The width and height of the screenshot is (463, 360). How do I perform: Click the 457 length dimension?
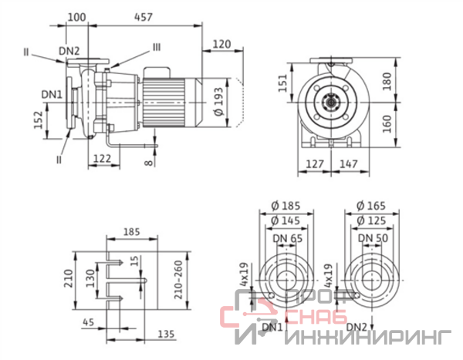pos(144,17)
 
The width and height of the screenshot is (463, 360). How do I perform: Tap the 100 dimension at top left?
pos(76,17)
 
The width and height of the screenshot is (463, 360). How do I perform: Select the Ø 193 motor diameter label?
pos(219,102)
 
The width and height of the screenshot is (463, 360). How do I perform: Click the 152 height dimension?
pos(39,119)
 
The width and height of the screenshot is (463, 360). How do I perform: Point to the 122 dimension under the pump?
pos(102,159)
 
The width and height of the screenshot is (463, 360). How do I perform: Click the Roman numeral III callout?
pos(156,48)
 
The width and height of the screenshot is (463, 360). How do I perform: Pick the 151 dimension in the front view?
pos(282,83)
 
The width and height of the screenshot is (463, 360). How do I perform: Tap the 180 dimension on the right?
pos(387,81)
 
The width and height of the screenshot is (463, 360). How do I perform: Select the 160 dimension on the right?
pos(387,124)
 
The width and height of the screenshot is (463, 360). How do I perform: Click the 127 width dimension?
pos(315,163)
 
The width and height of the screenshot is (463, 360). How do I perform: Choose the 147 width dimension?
pos(349,163)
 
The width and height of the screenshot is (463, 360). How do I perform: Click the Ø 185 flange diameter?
pos(286,206)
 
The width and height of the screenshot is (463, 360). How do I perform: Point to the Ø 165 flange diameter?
pos(371,206)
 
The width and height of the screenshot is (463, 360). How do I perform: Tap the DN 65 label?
pos(288,238)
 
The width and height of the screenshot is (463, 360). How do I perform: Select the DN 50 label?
pos(373,238)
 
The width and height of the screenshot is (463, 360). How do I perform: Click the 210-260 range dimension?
pos(179,280)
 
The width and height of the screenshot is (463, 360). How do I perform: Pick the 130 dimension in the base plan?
pos(91,278)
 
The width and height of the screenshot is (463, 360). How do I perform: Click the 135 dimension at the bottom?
pos(166,334)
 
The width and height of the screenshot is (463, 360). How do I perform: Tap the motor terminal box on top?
pos(157,72)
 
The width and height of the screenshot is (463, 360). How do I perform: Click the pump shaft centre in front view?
pos(331,103)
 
